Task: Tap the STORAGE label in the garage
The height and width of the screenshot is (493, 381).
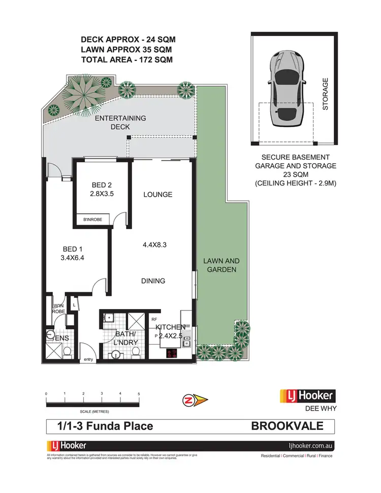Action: coord(326,94)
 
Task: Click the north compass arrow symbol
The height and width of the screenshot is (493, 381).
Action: coord(195,401)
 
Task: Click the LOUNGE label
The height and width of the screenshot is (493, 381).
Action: coord(157,194)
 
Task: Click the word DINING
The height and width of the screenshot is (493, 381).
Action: coord(153,281)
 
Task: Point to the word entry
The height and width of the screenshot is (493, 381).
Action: coord(89,360)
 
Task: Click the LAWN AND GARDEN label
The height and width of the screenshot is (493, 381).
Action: coord(221,265)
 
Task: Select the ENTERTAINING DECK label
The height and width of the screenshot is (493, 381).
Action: coord(120,122)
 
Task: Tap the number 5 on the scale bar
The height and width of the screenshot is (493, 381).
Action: coord(139,394)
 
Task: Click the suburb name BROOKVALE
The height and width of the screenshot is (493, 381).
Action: coord(286,426)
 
